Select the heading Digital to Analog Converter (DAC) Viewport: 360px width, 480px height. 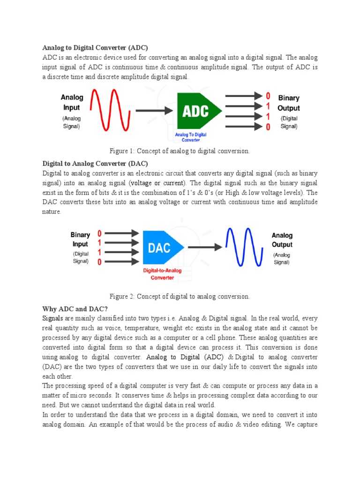point(95,164)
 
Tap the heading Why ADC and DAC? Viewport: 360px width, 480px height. point(75,308)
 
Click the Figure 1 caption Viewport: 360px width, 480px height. point(180,151)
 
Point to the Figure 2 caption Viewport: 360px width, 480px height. point(180,296)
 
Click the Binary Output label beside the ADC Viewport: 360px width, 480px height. point(289,103)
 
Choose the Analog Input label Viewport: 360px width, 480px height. point(72,102)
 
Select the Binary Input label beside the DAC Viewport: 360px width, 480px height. point(80,239)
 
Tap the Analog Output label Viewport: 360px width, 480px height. point(282,240)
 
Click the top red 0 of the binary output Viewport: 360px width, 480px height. point(268,96)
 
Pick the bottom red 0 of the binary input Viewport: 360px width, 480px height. point(99,262)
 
